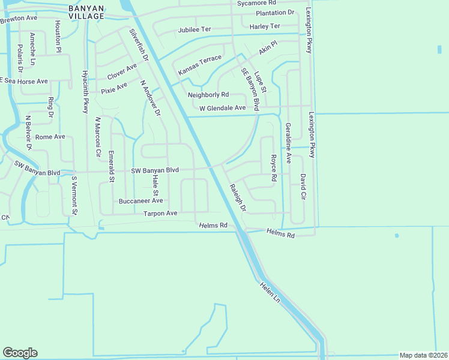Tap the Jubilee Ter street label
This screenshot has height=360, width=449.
(x=194, y=29)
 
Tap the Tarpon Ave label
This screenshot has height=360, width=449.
(x=160, y=214)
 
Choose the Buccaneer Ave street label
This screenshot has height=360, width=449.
(x=140, y=201)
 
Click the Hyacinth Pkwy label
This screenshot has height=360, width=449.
(x=85, y=92)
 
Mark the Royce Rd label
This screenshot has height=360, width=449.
(x=273, y=169)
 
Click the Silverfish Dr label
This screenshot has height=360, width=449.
(x=138, y=43)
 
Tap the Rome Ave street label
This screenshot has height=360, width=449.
(x=50, y=137)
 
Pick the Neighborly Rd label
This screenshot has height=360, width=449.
(x=208, y=95)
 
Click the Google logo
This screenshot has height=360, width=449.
(x=20, y=353)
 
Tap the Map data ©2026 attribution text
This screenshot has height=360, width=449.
(x=423, y=355)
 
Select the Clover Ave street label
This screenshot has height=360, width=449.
(x=122, y=73)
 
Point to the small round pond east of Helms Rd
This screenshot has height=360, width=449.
(x=397, y=236)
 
